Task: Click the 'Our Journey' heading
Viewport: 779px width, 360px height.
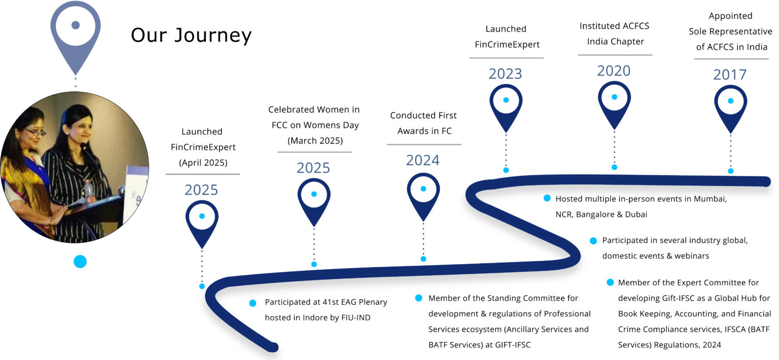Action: pyautogui.click(x=191, y=35)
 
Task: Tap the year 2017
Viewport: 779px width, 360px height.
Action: pyautogui.click(x=730, y=75)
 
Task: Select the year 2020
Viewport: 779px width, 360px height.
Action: pyautogui.click(x=614, y=71)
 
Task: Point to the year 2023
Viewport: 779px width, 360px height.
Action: pyautogui.click(x=505, y=74)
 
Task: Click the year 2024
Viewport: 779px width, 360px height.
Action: pyautogui.click(x=422, y=160)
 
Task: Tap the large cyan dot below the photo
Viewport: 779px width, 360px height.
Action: pyautogui.click(x=80, y=262)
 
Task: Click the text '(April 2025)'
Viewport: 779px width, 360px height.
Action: pyautogui.click(x=202, y=163)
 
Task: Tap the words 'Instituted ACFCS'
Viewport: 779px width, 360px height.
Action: pyautogui.click(x=614, y=26)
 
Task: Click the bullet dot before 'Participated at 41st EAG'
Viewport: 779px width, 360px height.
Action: pyautogui.click(x=253, y=303)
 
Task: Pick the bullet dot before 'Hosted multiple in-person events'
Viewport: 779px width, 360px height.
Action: pyautogui.click(x=547, y=198)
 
